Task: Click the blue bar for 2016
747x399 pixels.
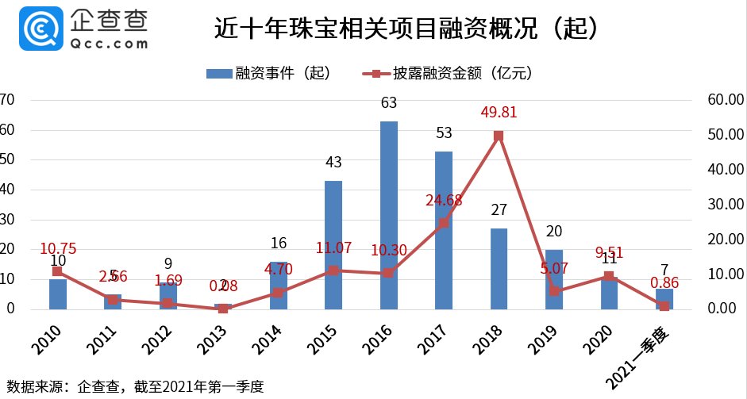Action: point(388,215)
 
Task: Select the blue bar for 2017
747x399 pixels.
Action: point(444,230)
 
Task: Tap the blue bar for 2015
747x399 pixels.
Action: point(333,245)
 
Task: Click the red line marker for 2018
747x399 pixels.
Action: point(499,136)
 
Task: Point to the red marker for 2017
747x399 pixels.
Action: point(444,223)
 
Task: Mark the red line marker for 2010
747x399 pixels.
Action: point(57,271)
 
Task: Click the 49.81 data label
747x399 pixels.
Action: point(499,113)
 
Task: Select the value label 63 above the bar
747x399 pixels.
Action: point(389,103)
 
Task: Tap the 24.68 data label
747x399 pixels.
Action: point(445,200)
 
